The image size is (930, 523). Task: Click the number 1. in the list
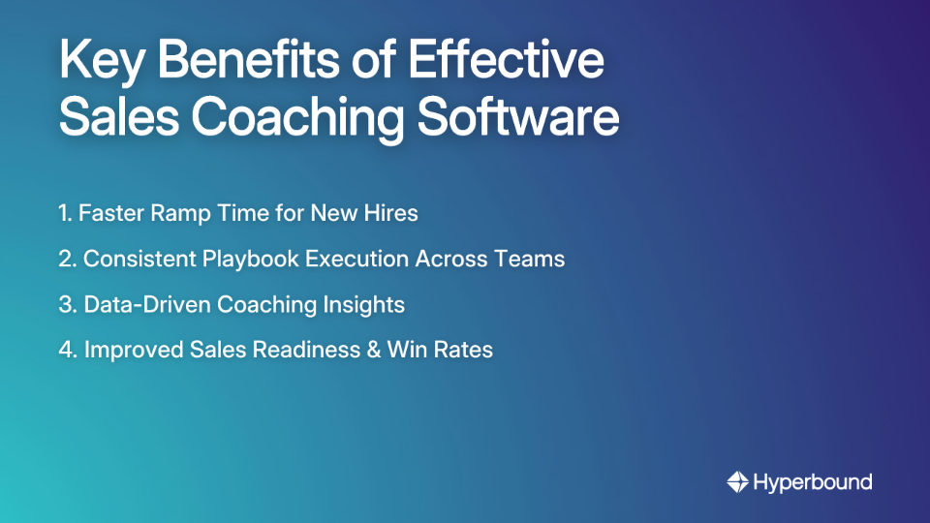coord(65,213)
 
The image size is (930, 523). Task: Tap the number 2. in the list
coord(67,259)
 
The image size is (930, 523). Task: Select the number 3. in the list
coord(67,304)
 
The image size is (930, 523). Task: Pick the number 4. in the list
coord(68,350)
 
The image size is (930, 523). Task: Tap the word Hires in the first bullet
coord(390,213)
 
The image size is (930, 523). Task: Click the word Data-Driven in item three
coord(147,304)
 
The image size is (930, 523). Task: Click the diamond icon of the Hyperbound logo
coord(737,481)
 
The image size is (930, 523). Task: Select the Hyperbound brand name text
coord(813,481)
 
